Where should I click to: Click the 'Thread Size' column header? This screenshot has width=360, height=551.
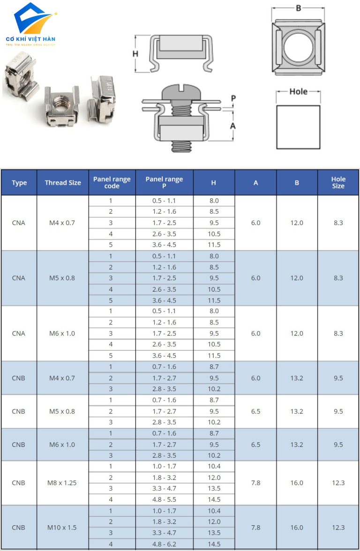click(62, 183)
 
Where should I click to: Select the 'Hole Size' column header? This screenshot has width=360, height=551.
click(338, 183)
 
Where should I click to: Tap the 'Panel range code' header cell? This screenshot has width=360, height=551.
click(112, 183)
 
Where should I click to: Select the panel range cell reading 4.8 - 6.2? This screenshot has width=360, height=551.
click(164, 544)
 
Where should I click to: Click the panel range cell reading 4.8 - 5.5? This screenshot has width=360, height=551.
click(164, 499)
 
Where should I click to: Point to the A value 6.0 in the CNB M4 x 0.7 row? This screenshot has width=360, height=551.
click(255, 378)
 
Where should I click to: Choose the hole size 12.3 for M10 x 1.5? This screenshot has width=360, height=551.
click(338, 527)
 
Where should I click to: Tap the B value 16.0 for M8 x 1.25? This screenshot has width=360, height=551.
click(297, 483)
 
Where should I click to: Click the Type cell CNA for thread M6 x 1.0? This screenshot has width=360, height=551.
click(19, 333)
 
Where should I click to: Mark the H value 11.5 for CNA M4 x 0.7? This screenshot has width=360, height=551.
click(214, 245)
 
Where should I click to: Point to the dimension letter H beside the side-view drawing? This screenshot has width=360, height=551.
click(135, 53)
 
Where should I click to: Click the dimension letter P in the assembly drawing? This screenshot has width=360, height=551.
click(233, 98)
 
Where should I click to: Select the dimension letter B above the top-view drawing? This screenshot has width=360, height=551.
click(298, 8)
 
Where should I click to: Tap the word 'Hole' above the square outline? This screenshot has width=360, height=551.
click(298, 91)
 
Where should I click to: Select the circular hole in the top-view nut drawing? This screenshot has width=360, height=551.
click(298, 47)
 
